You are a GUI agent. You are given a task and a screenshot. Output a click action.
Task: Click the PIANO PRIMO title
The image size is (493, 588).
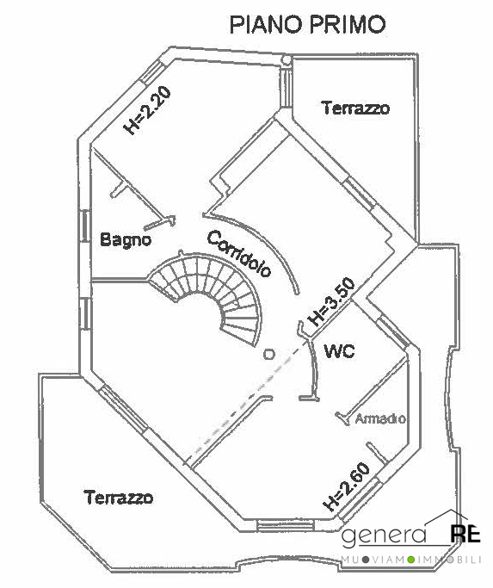click(307, 25)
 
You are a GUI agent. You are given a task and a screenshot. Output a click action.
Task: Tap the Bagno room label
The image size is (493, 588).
click(126, 239)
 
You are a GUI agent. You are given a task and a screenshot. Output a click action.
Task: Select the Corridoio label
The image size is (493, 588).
click(239, 253)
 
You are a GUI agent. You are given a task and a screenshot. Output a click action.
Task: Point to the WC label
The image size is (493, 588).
click(339, 351)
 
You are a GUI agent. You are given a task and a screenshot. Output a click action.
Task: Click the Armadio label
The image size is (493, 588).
click(380, 418)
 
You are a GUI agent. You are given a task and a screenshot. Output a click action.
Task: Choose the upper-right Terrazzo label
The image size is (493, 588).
click(356, 108)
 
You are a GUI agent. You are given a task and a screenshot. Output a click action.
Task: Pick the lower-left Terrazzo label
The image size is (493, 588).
click(119, 498)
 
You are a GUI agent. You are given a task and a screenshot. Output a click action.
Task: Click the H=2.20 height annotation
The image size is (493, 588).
click(148, 110)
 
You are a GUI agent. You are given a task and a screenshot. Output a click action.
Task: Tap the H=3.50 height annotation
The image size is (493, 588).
click(331, 301)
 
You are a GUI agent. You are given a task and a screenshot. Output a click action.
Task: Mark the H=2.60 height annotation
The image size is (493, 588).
click(347, 486)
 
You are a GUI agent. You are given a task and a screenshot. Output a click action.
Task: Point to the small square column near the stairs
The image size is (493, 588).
click(268, 354)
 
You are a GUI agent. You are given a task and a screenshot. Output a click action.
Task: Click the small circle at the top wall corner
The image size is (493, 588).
click(286, 59)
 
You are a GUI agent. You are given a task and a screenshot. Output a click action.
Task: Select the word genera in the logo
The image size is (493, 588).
click(384, 535)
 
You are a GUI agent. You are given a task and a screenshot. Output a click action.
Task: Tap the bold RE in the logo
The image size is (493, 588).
click(465, 534)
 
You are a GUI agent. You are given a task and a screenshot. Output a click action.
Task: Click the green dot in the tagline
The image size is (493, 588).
click(411, 560)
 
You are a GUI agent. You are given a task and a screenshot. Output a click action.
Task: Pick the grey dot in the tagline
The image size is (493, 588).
click(366, 560)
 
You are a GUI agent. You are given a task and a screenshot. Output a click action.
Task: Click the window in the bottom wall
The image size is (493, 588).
click(286, 525)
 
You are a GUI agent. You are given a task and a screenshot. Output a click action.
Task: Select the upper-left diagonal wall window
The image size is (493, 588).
click(152, 72)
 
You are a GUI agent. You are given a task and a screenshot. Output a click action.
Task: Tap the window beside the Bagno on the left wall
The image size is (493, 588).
click(85, 227)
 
